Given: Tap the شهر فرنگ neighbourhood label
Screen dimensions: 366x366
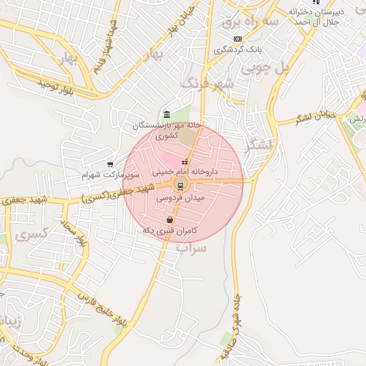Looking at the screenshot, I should (x=208, y=84).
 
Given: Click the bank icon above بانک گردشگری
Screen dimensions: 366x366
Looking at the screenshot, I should (x=237, y=39).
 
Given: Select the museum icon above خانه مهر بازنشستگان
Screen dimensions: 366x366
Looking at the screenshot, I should (x=167, y=114).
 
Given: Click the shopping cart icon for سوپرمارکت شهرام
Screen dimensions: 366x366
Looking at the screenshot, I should (x=110, y=164).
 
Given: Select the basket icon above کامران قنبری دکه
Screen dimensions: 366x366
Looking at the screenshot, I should (x=169, y=220).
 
